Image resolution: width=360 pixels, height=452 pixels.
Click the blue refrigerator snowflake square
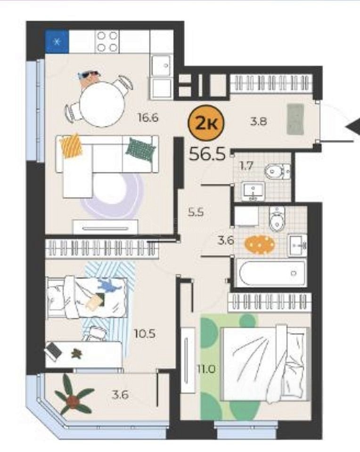click(x=57, y=42)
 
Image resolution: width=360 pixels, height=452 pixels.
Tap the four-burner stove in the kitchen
click(x=107, y=41)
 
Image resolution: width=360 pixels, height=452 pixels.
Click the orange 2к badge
click(x=206, y=123)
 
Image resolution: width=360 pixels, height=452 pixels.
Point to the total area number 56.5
click(x=207, y=154)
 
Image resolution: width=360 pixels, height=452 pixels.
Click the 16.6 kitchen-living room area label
click(x=148, y=118)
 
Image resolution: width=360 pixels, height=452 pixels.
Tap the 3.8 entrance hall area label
click(x=258, y=121)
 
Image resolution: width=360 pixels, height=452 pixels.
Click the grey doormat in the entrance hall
click(x=295, y=119)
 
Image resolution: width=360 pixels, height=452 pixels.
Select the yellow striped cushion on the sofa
click(x=71, y=145)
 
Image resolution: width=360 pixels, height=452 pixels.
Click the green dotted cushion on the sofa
click(x=140, y=148)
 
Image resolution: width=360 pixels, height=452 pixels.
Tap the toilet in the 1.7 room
click(x=277, y=172)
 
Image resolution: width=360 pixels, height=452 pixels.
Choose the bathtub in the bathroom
click(x=271, y=273)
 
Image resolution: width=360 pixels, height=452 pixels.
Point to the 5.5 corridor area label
click(x=196, y=212)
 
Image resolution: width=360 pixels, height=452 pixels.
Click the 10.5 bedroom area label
click(x=145, y=334)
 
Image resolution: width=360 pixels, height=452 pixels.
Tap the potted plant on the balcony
click(x=74, y=399)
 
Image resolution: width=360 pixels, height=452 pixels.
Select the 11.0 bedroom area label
click(x=206, y=369)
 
